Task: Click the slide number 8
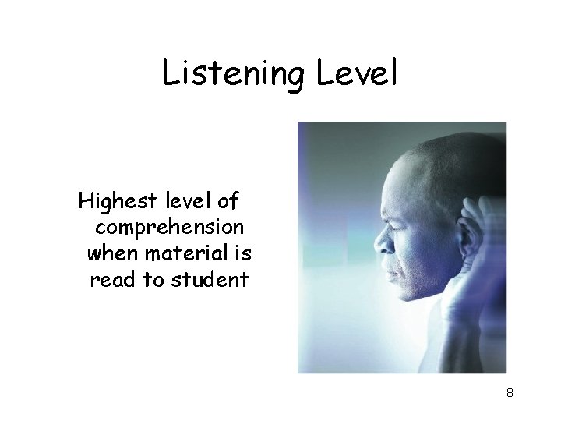click(510, 393)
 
